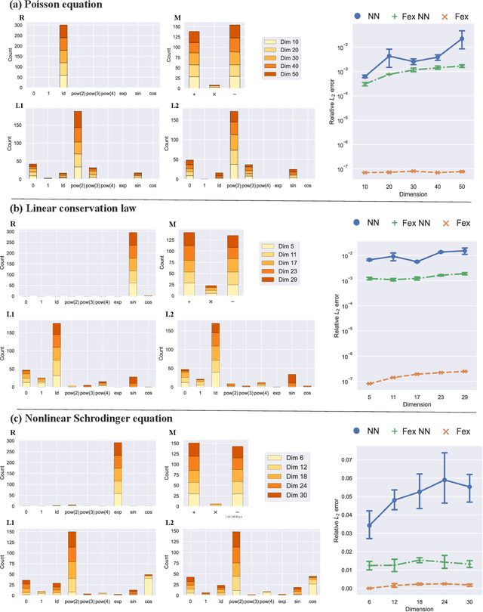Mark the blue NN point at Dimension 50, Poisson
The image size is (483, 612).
click(x=461, y=38)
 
